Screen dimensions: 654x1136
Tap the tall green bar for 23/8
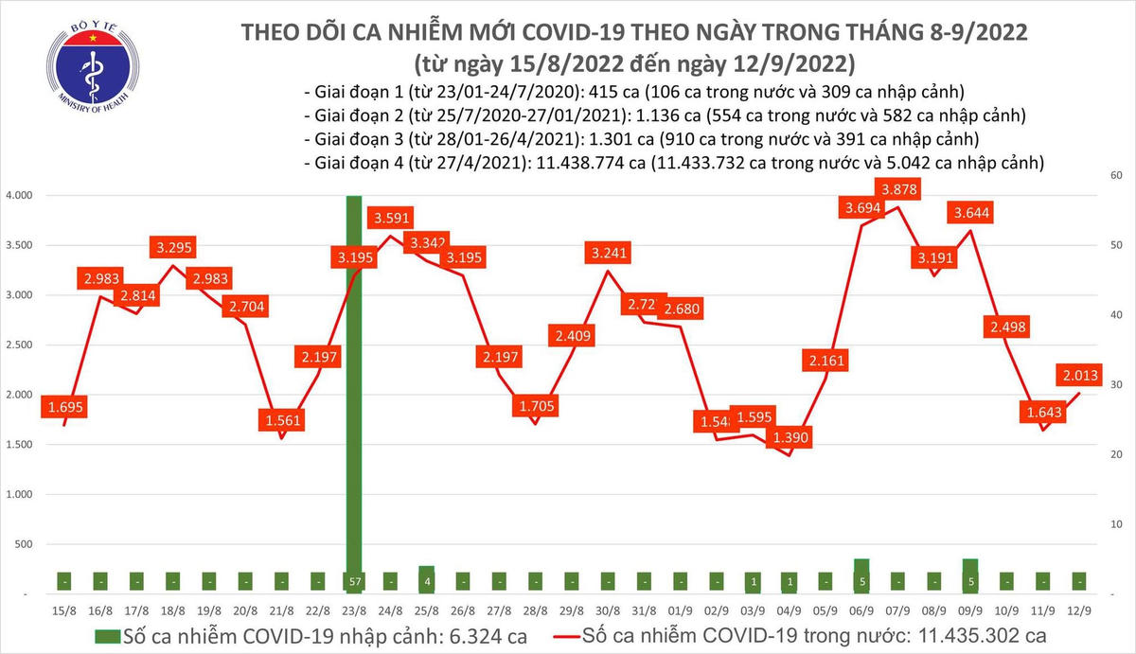[x=354, y=379]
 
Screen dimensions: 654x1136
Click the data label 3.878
[x=900, y=189]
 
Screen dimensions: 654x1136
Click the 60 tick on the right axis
[x=1116, y=176]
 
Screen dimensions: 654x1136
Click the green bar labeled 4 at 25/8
[x=427, y=579]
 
